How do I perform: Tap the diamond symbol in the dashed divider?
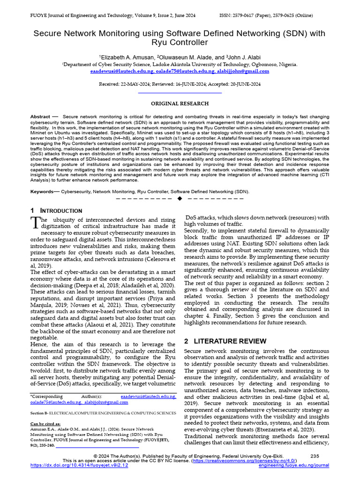[180, 198]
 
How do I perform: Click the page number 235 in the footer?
[315, 456]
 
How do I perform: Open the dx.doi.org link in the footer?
[79, 465]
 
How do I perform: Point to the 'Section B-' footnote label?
[39, 413]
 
